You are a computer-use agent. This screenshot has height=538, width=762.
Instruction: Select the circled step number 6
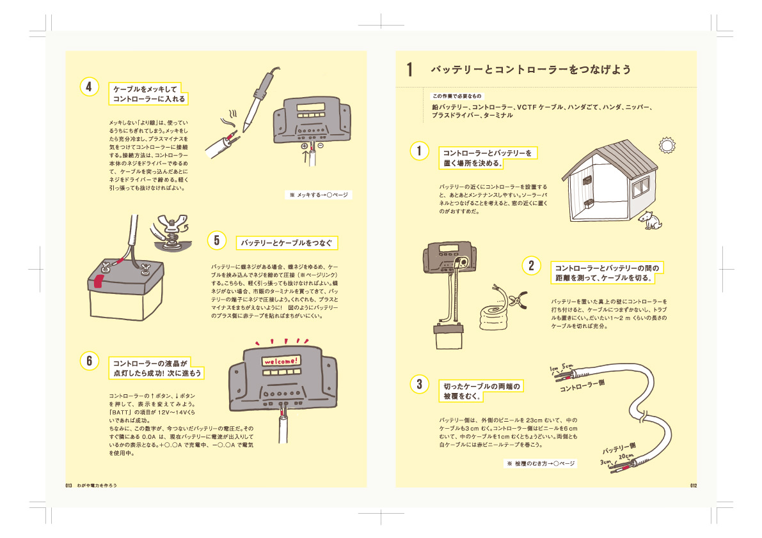(90, 360)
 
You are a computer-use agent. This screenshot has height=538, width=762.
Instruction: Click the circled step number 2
(531, 265)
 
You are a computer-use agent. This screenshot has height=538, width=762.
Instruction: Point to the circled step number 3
(419, 384)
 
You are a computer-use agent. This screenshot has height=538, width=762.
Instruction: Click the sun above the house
(667, 145)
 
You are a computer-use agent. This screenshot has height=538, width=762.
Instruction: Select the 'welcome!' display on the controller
(280, 362)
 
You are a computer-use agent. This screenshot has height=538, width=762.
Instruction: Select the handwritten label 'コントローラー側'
(582, 385)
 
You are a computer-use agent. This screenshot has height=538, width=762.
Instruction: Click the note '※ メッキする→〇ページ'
(318, 194)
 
